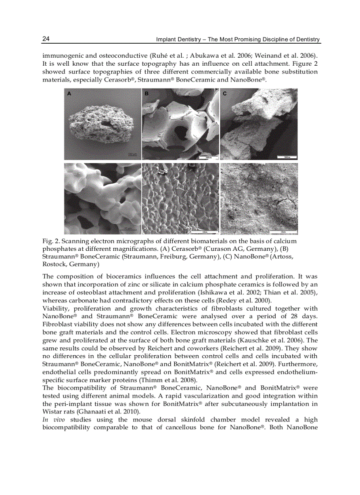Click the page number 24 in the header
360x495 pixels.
(46, 39)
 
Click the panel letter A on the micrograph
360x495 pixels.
(69, 94)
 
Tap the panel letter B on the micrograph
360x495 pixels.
(146, 94)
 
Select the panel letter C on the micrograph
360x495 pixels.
(225, 94)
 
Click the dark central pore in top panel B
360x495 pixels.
(181, 132)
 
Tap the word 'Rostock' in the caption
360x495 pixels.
(54, 264)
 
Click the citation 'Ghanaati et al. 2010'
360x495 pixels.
(109, 412)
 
